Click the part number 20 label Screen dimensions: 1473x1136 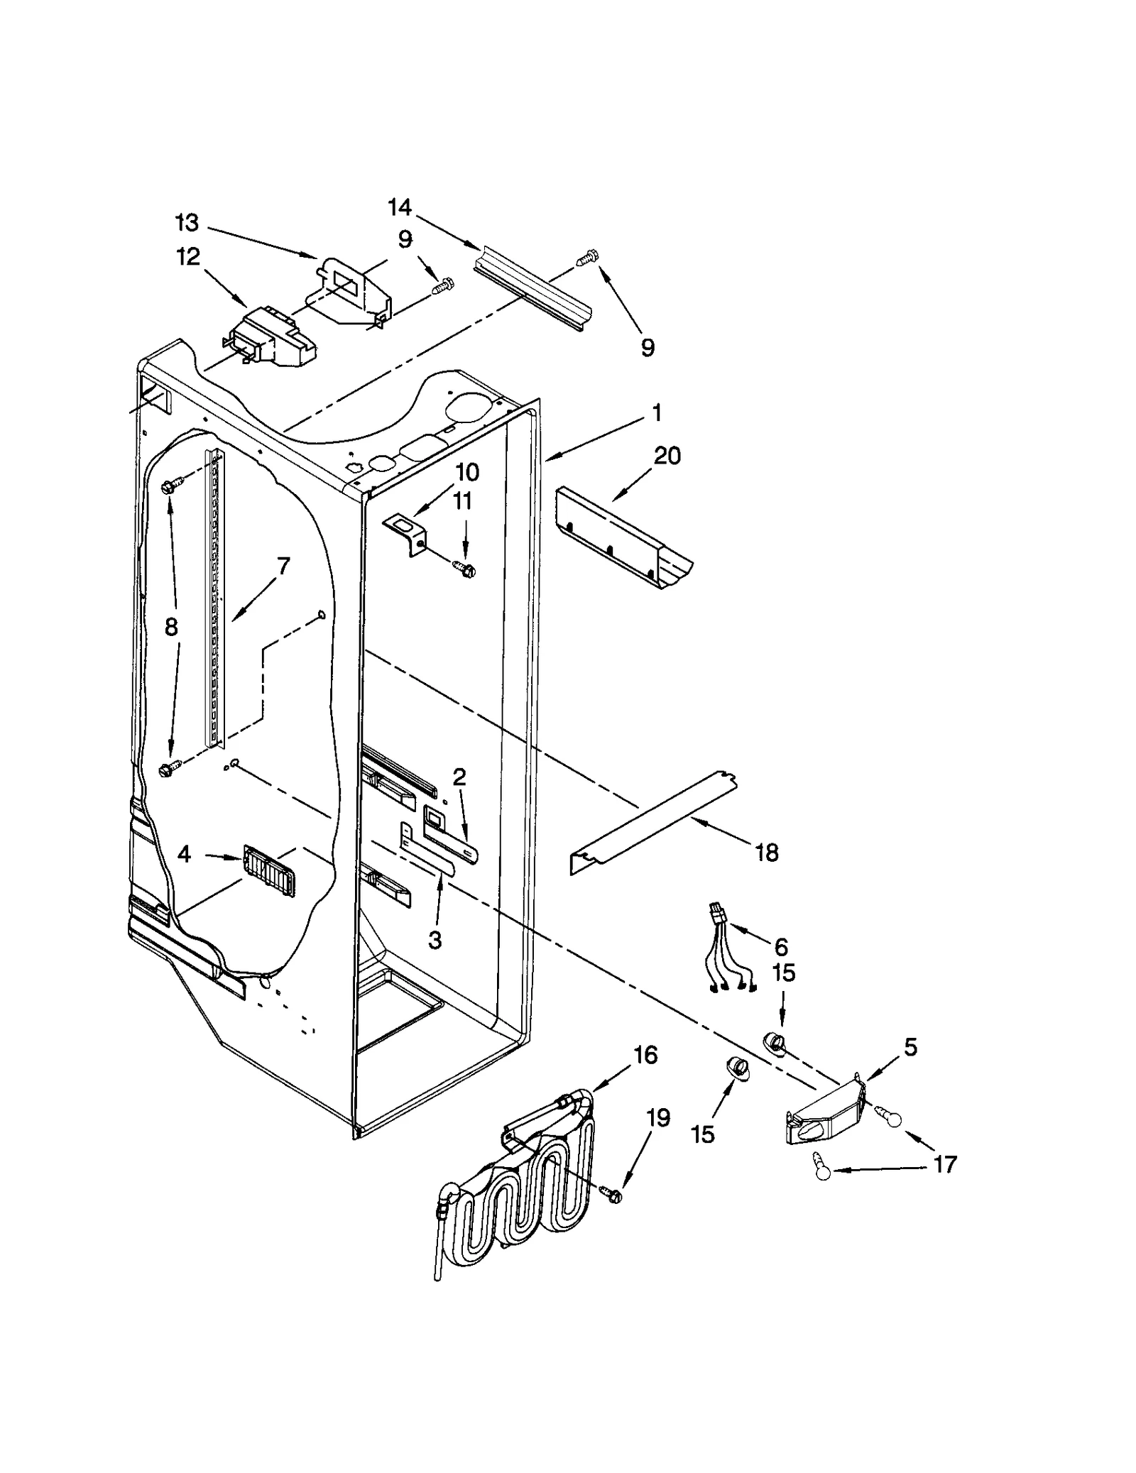tap(667, 456)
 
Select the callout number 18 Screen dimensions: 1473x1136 tap(767, 852)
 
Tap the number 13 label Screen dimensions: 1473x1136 tap(187, 223)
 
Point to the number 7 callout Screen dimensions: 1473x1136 tap(283, 566)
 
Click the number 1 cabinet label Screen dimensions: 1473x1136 tap(657, 412)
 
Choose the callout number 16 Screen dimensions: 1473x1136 tap(645, 1056)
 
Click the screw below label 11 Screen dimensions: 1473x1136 tap(465, 568)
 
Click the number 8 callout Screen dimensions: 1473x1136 tap(171, 628)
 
